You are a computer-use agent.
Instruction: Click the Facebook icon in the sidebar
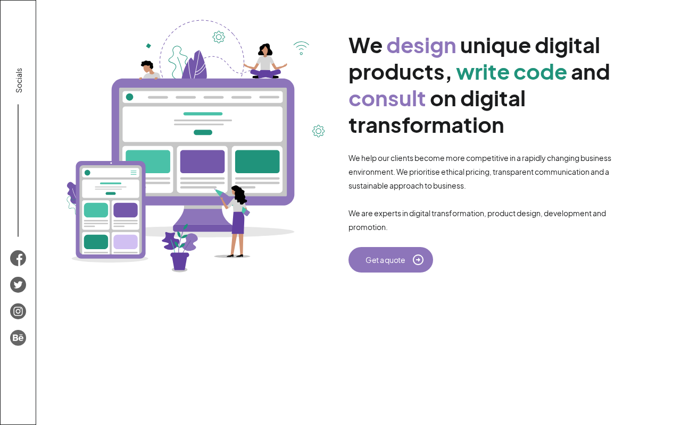point(18,258)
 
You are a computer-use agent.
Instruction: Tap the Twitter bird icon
point(18,285)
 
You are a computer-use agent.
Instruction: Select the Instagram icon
point(18,311)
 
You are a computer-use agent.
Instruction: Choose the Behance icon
point(18,337)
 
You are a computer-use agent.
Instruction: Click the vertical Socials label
point(19,80)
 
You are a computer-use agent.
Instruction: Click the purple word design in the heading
point(421,46)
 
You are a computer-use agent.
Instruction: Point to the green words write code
point(511,72)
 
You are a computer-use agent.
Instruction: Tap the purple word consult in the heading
point(387,99)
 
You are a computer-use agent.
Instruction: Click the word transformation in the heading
point(426,125)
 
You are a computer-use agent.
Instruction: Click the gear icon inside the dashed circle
point(219,37)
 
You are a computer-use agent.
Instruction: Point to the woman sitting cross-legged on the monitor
point(265,62)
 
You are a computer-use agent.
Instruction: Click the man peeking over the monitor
point(149,70)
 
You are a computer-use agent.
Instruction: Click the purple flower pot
point(180,261)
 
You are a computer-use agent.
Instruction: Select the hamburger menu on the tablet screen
point(134,173)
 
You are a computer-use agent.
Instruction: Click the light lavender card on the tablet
point(126,242)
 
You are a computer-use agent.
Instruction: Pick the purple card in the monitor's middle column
point(203,161)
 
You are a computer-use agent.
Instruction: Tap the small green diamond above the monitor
point(148,46)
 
